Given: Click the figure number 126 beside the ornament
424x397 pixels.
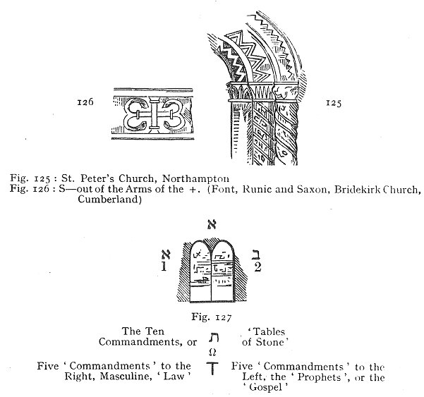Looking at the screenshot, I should (x=85, y=102).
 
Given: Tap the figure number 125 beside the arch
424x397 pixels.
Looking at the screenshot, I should (x=334, y=103).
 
